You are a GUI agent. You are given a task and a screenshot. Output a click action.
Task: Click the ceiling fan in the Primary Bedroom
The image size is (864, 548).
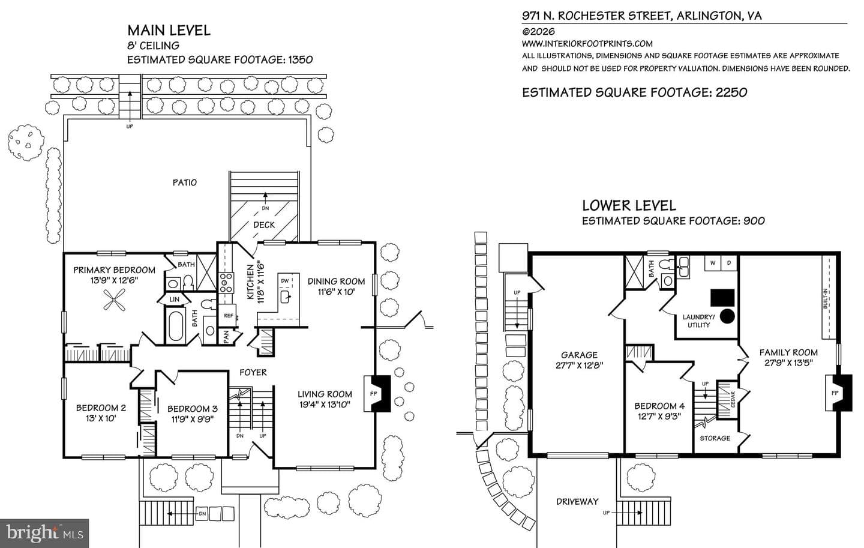114,300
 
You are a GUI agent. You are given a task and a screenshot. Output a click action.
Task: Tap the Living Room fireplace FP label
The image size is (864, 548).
373,394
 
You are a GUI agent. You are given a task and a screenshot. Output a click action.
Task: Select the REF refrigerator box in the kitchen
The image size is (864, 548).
229,316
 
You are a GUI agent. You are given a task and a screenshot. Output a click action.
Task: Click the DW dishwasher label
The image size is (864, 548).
284,280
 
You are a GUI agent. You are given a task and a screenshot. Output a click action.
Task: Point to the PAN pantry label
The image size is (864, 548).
226,337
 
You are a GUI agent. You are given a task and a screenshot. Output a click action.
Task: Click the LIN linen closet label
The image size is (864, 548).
175,299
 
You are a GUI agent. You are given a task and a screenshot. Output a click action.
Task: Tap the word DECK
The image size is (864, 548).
264,224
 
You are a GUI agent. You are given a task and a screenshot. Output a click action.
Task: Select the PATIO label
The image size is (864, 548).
184,182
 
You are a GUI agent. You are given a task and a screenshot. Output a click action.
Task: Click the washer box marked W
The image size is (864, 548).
713,263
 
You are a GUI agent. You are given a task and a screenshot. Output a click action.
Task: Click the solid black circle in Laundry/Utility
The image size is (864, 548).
727,316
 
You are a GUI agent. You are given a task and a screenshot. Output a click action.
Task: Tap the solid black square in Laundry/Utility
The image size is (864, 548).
722,298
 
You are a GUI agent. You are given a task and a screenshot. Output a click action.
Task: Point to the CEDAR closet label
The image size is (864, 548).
733,399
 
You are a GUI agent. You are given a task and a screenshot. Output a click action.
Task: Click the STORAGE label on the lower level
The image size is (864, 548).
715,438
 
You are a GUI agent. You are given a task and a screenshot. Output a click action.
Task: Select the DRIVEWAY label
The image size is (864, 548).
577,501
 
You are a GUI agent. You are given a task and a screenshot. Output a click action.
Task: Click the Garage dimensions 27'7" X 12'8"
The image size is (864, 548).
579,365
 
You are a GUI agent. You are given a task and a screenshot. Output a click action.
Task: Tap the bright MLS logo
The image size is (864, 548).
45,534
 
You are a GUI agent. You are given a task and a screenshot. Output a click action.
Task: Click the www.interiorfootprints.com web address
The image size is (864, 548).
587,44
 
